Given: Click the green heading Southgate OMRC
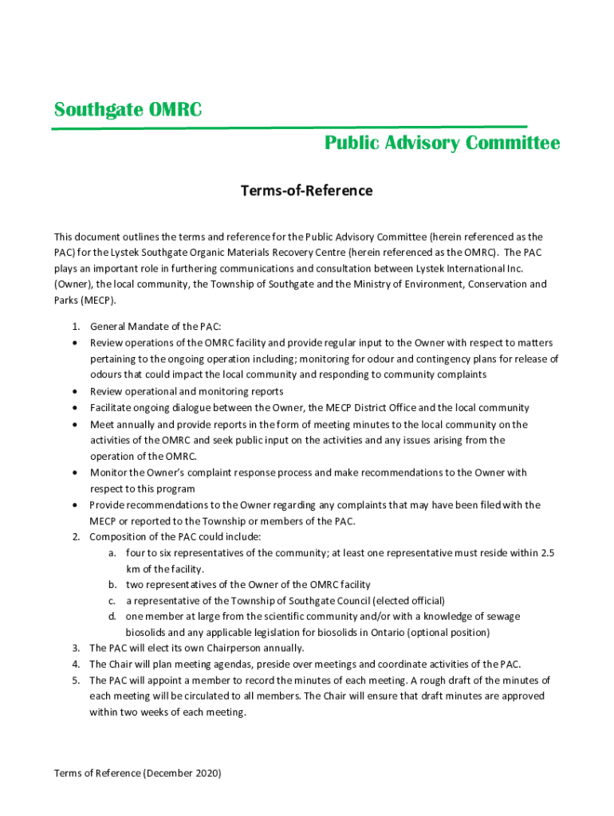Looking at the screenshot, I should tap(128, 110).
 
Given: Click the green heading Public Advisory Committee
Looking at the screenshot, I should tap(442, 143).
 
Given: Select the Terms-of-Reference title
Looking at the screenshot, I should tap(307, 191).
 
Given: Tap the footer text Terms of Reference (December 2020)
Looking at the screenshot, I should tap(137, 773).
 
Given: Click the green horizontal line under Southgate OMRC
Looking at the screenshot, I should tap(290, 127).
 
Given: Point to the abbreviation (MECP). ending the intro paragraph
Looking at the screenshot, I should tap(85, 300).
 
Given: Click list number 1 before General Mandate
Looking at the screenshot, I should tap(75, 327).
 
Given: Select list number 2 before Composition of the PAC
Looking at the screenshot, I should tap(75, 537).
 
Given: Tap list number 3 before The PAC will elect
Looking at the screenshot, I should tap(75, 649).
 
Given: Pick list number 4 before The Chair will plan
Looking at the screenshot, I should tap(75, 665).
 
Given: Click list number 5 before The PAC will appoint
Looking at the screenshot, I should tap(75, 681).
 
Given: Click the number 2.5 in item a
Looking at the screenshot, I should tap(547, 553).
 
